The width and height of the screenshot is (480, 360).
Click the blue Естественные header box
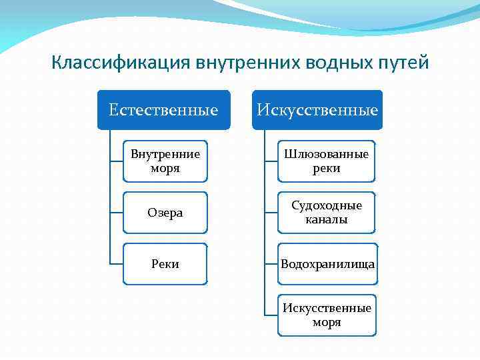[x=163, y=109]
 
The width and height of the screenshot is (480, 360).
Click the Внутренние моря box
[x=165, y=161]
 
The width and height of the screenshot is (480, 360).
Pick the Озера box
[x=165, y=213]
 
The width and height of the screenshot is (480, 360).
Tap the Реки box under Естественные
[x=165, y=264]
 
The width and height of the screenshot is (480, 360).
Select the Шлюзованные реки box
[x=327, y=161]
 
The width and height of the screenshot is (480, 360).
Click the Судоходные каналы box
[x=327, y=213]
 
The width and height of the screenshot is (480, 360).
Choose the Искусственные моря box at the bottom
[x=327, y=315]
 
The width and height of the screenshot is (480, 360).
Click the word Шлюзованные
[x=327, y=155]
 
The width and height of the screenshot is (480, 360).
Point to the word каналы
[x=327, y=219]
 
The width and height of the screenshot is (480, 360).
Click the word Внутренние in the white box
[x=165, y=155]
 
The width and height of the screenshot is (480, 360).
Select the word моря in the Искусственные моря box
[x=327, y=323]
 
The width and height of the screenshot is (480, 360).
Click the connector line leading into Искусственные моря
[x=271, y=315]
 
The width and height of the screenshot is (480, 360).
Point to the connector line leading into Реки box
[x=117, y=264]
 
